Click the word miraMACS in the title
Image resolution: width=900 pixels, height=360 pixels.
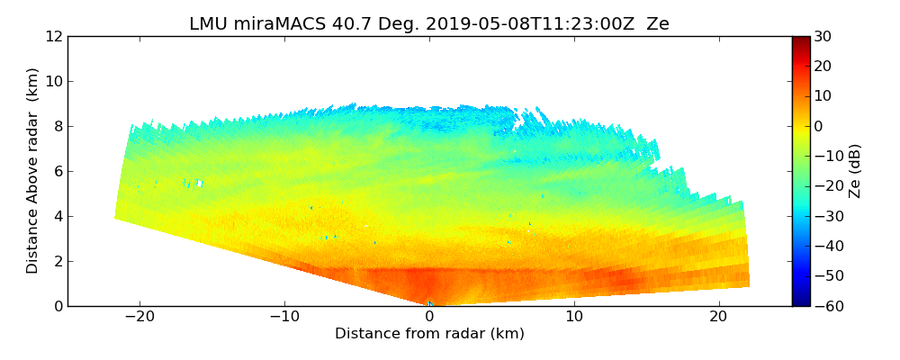(273, 24)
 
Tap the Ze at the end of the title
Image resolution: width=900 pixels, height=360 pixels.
(658, 24)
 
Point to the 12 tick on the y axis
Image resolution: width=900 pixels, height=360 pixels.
(54, 36)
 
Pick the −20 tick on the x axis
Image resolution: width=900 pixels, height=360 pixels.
(139, 317)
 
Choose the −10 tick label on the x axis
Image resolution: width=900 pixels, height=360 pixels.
(284, 317)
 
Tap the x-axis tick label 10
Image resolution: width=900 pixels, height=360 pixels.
(574, 317)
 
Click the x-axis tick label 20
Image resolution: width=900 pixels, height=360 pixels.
(718, 317)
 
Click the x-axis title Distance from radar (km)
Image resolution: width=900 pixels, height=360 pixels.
(429, 334)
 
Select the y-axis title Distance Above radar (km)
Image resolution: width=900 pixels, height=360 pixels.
(33, 170)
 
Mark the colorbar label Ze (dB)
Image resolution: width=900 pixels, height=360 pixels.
(855, 170)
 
